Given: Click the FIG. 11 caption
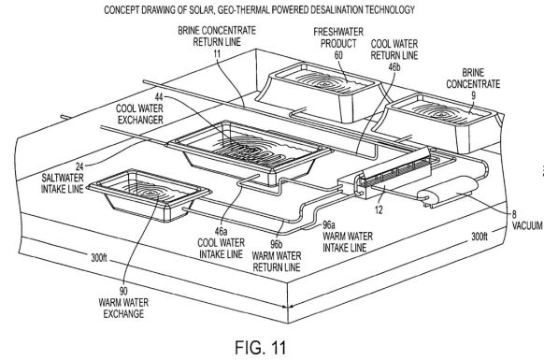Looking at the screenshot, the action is coord(261,347).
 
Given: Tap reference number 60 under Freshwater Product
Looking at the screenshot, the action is coord(338,55).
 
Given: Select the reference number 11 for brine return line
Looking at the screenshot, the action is coord(217,54).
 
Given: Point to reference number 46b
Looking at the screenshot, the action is coord(394,66).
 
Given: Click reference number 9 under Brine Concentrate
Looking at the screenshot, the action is coord(473,95).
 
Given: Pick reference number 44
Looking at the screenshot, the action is coord(159,97).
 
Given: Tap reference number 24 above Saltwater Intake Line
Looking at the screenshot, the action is coord(79,166).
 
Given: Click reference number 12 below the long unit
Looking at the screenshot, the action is coord(379,209).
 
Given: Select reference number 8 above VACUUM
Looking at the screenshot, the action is coord(514,214).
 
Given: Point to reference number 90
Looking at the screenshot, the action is coord(123,291).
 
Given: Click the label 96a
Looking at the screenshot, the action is coord(329,224).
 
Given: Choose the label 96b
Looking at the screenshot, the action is coord(276,244).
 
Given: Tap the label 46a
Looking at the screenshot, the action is coord(221,231).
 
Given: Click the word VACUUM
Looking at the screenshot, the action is coord(527,225).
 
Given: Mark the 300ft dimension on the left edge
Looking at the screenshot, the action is coord(99,258).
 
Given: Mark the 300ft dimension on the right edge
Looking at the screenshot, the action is coord(480,237).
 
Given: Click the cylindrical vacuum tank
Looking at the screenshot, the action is coord(448,190).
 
